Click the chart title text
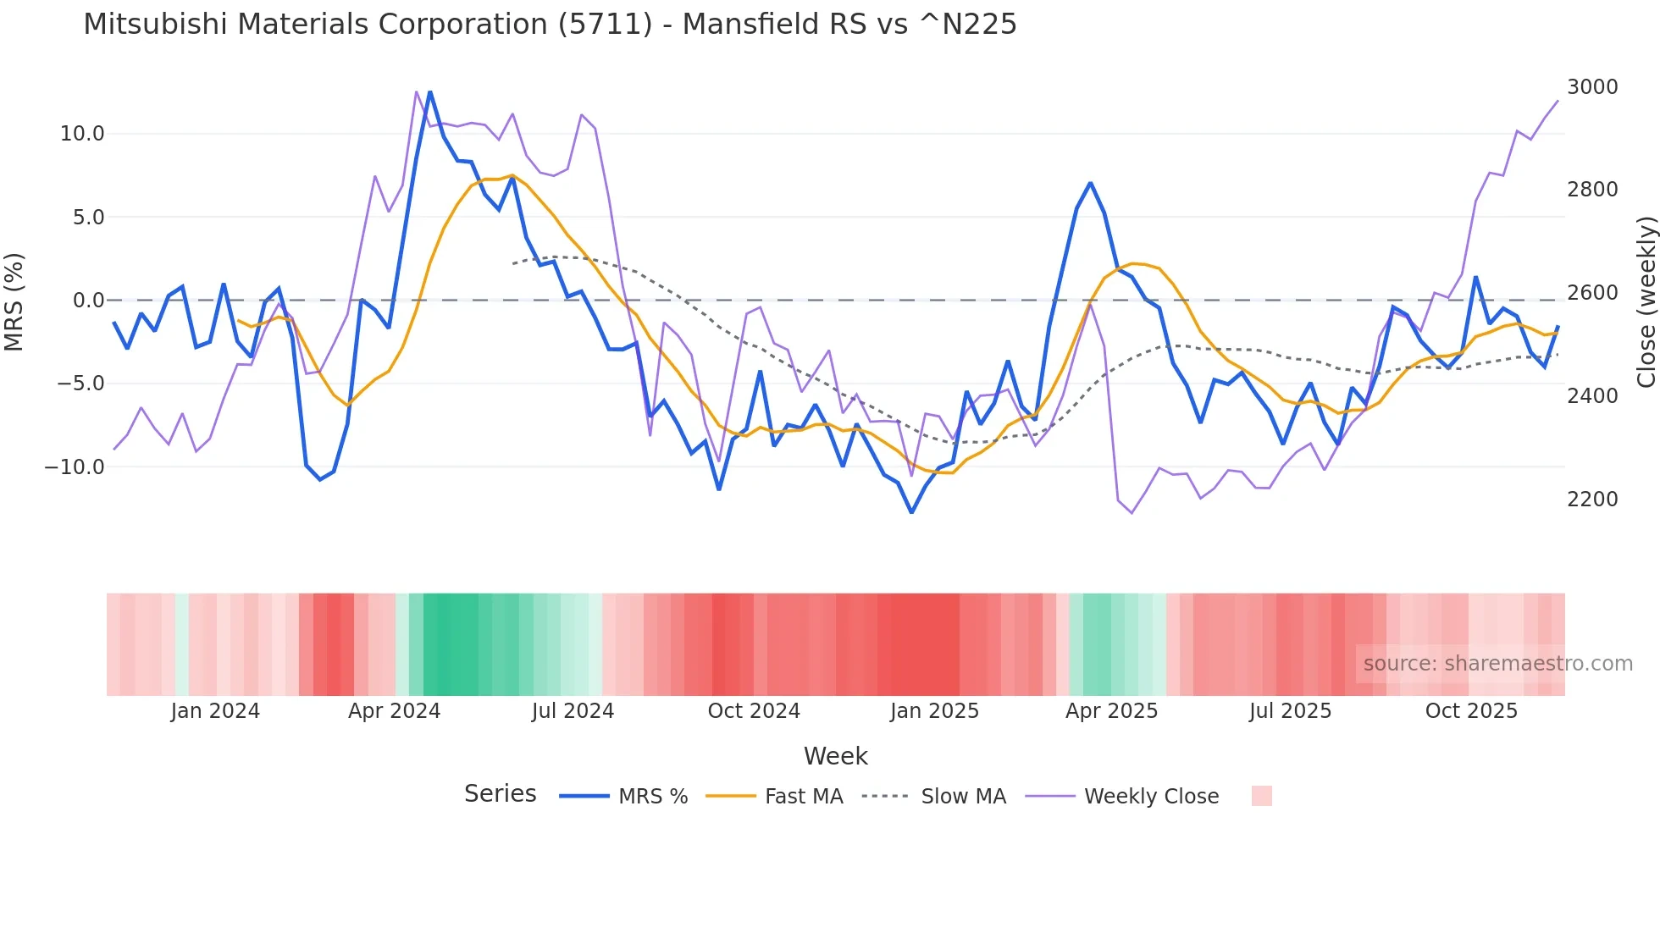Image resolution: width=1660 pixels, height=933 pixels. [550, 25]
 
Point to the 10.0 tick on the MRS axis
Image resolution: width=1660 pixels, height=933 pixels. [82, 134]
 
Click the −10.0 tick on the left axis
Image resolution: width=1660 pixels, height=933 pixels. [75, 467]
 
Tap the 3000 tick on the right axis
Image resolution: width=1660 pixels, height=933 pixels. [1591, 87]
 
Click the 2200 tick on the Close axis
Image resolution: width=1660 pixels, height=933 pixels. [1591, 500]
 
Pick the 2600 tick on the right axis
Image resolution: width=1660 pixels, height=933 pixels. [1591, 293]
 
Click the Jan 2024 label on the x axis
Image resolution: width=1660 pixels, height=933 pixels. [215, 711]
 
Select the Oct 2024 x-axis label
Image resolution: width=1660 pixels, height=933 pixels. [754, 711]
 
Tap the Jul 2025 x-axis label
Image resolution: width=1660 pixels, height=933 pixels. [1290, 711]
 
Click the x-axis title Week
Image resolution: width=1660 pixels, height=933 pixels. [835, 756]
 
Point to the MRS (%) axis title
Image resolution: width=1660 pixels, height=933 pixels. [14, 301]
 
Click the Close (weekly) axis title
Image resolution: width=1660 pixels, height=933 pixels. [1646, 301]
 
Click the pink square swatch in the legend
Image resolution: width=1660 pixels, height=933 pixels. [1261, 796]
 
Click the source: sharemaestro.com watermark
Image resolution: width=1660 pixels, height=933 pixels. [1497, 664]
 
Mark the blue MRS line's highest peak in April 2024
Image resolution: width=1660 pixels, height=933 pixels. [429, 92]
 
